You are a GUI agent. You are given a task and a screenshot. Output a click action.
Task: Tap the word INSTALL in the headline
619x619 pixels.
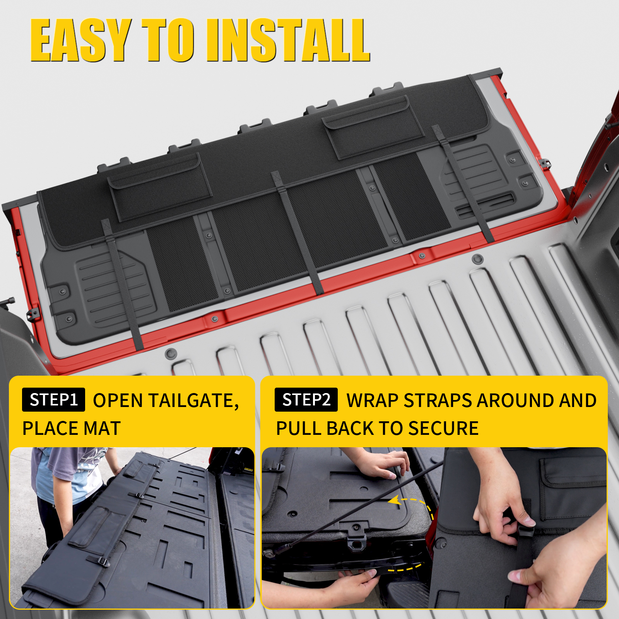coord(288,41)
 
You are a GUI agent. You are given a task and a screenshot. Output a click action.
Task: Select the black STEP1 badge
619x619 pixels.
coord(53,400)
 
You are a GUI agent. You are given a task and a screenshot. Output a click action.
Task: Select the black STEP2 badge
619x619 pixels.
coord(306,400)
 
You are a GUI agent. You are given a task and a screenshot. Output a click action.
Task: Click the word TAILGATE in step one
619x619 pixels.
coord(193,401)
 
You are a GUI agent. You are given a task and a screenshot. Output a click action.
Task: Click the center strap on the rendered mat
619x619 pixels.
coord(298,232)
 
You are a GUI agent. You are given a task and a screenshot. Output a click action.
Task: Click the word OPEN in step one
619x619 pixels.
coord(118,401)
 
